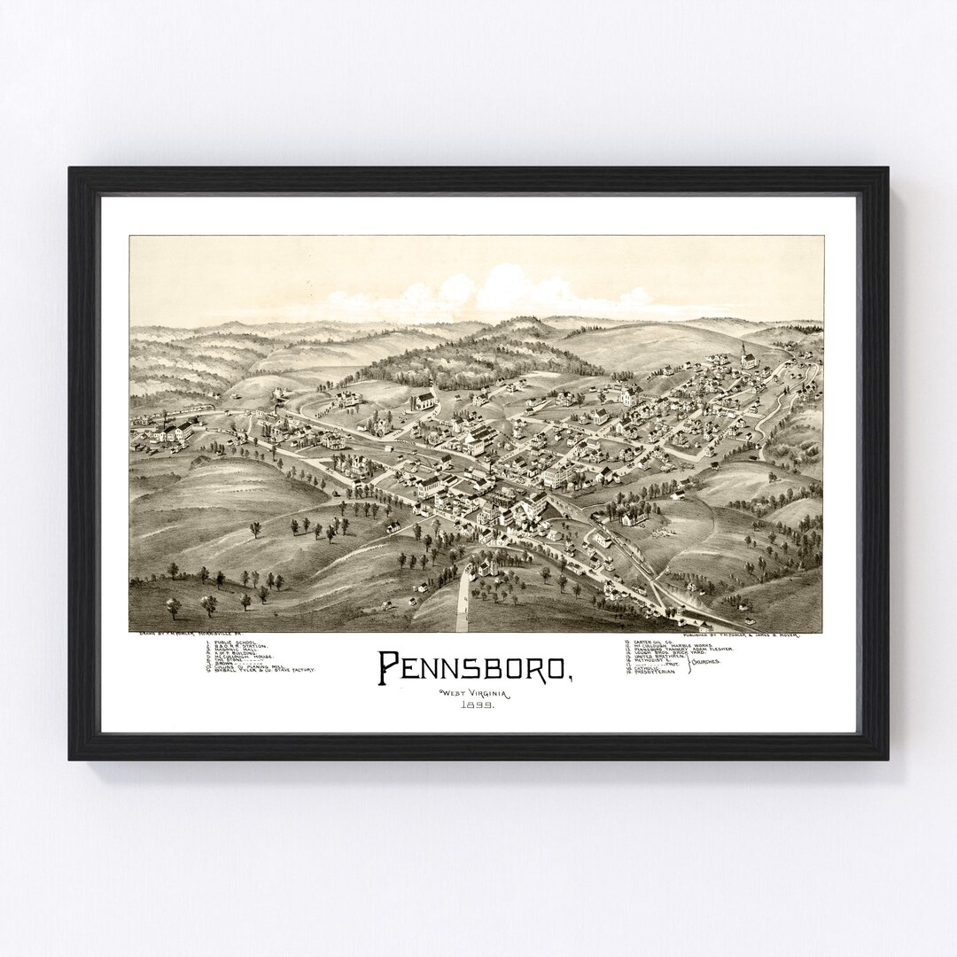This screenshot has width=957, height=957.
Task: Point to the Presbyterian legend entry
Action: tap(656, 673)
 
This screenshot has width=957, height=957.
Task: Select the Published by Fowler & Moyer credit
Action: tap(736, 634)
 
